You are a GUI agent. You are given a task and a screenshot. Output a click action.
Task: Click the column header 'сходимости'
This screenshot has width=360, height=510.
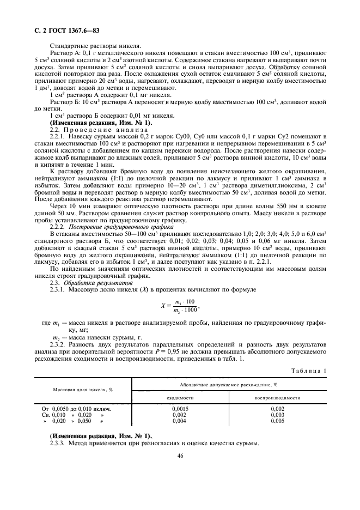(x=180, y=398)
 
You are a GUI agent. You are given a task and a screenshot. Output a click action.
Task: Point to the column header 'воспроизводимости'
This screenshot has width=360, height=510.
(x=278, y=398)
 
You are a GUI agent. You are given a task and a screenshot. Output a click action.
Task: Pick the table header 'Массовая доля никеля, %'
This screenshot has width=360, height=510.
(x=82, y=390)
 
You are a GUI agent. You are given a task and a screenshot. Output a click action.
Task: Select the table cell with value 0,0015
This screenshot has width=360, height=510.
(x=180, y=408)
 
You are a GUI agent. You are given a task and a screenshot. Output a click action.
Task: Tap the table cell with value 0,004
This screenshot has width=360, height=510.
(x=180, y=421)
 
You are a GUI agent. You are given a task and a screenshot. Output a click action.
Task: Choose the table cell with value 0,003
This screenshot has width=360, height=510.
(x=278, y=415)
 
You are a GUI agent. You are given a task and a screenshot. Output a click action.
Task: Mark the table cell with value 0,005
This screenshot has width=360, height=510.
(x=278, y=421)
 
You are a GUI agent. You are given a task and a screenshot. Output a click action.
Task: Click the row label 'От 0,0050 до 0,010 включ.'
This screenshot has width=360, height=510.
(x=77, y=408)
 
